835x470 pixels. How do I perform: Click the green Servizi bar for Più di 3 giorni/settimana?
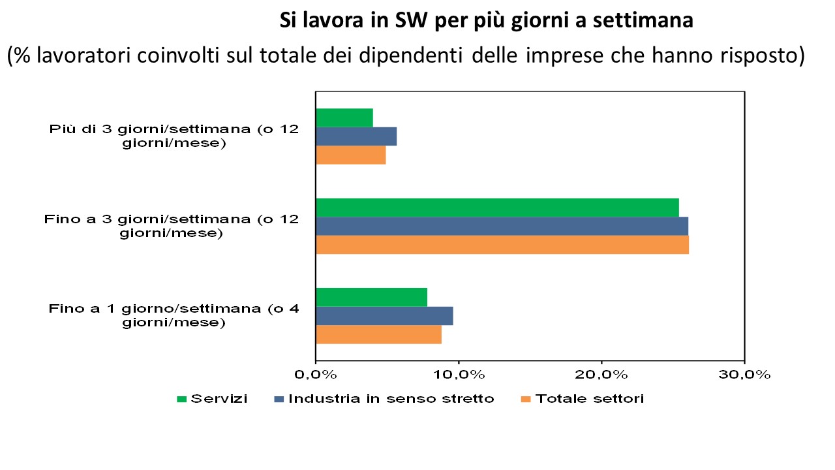point(344,118)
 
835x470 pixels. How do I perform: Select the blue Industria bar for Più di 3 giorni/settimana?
point(356,136)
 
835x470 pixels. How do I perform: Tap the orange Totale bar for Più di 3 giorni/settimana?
point(350,155)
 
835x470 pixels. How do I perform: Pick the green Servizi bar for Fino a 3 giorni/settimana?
point(497,207)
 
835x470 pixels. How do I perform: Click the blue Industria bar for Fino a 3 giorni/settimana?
point(502,226)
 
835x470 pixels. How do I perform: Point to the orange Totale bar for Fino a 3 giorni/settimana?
point(502,245)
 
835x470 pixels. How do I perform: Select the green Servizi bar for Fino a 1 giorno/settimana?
point(371,297)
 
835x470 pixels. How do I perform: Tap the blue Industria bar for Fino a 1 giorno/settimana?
point(384,316)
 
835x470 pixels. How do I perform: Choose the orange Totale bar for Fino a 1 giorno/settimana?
point(378,334)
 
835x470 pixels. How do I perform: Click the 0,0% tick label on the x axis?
point(316,375)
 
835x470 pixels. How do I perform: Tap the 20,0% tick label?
point(601,375)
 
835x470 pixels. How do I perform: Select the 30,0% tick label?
point(744,375)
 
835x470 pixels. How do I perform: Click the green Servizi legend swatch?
point(182,399)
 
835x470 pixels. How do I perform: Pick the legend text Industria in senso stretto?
point(391,399)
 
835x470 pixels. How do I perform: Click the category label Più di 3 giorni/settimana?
point(174,136)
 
